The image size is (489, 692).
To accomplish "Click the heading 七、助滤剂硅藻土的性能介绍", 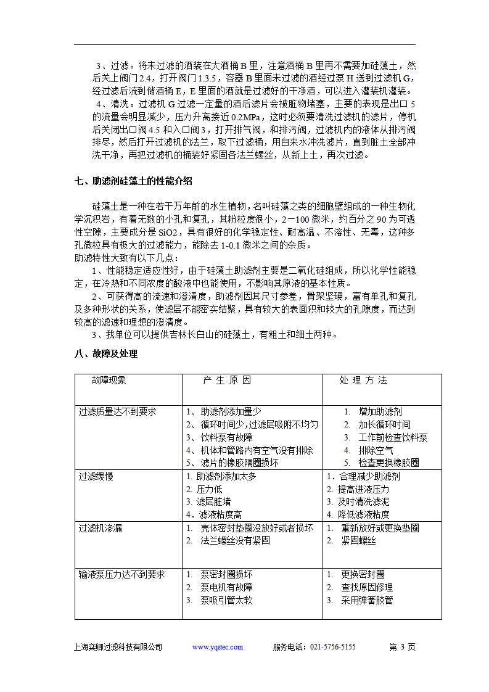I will (x=133, y=181).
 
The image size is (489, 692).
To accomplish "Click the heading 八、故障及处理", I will (x=105, y=354).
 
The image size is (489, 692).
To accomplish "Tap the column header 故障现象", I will (x=109, y=381).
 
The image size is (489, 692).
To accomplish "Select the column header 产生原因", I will (x=227, y=381).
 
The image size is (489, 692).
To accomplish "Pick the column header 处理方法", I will (x=363, y=381).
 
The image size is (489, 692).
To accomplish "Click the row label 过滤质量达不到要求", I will (x=117, y=411).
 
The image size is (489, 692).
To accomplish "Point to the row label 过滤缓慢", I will (x=96, y=477).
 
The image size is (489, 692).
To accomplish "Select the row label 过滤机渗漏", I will (x=100, y=528).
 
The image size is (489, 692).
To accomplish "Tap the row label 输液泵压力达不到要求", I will (x=121, y=575).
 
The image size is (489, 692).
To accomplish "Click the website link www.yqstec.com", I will (x=218, y=647).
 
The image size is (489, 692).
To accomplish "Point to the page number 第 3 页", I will (x=403, y=647).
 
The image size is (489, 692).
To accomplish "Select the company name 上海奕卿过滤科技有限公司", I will (x=118, y=647).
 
